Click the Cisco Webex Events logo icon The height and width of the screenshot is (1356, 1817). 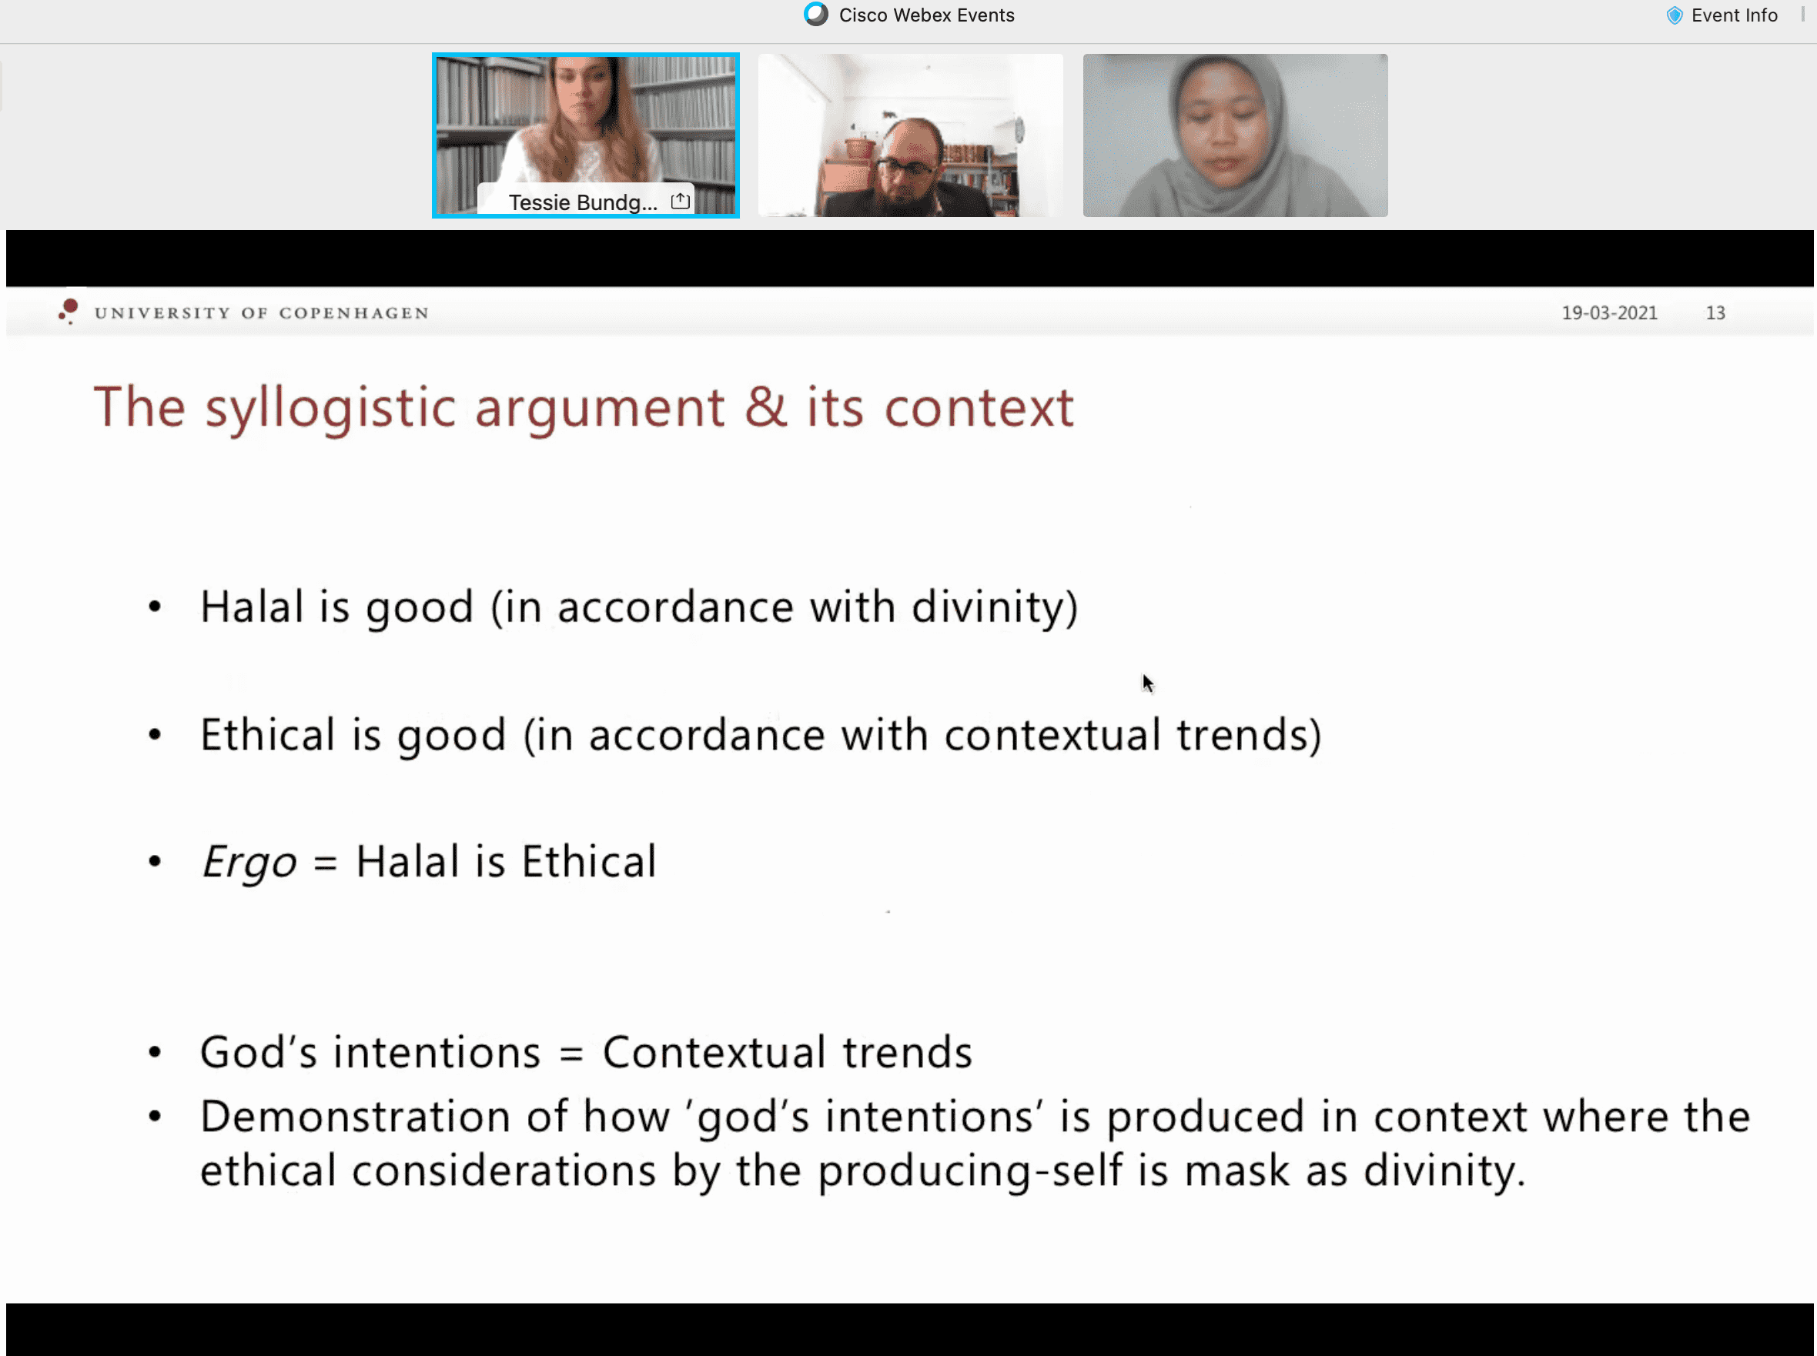[x=816, y=15]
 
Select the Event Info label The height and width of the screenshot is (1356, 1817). [x=1734, y=15]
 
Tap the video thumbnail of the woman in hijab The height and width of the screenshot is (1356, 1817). [x=1235, y=135]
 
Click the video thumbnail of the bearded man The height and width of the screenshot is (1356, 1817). [x=910, y=135]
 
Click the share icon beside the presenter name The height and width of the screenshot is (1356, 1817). [x=680, y=201]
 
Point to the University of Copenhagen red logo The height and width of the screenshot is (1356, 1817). [x=69, y=311]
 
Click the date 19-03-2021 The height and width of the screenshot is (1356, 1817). [x=1609, y=312]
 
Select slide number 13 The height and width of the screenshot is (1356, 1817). [x=1715, y=312]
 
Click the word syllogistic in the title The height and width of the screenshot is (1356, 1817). [x=330, y=408]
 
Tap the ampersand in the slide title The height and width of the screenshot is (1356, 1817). [x=765, y=406]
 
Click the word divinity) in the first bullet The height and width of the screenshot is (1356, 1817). [x=994, y=608]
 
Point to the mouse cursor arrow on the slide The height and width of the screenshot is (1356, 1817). [x=1148, y=683]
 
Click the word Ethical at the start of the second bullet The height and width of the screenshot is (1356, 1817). [x=267, y=735]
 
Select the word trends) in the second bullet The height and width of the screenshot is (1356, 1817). [x=1249, y=736]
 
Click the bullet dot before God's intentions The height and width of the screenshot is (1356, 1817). [x=154, y=1052]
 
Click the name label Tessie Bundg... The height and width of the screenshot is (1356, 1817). [x=583, y=202]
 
